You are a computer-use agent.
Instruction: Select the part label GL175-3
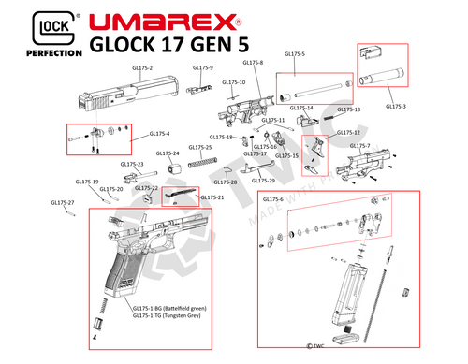[396, 106]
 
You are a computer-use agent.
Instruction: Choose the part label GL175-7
[359, 146]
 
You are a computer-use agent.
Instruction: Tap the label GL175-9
[203, 67]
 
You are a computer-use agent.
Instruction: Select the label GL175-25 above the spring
[200, 147]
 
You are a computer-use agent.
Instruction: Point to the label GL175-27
[62, 201]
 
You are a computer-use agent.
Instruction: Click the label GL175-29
[265, 180]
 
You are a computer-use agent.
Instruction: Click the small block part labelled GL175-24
[173, 168]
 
